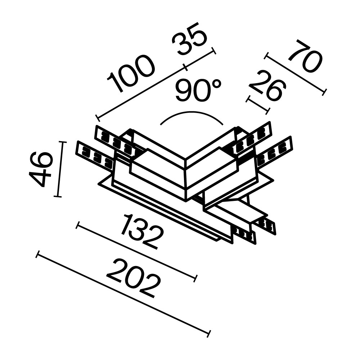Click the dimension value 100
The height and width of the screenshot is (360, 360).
pos(132,73)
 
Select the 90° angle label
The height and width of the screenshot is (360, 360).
pos(198,90)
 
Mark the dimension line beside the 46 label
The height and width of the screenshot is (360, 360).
pos(60,169)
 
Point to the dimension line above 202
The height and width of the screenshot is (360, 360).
pos(122,294)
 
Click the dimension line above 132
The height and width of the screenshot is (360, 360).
pos(137,251)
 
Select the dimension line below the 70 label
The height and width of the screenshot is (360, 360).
pos(295,73)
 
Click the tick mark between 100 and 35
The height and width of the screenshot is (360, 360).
pos(185,67)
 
